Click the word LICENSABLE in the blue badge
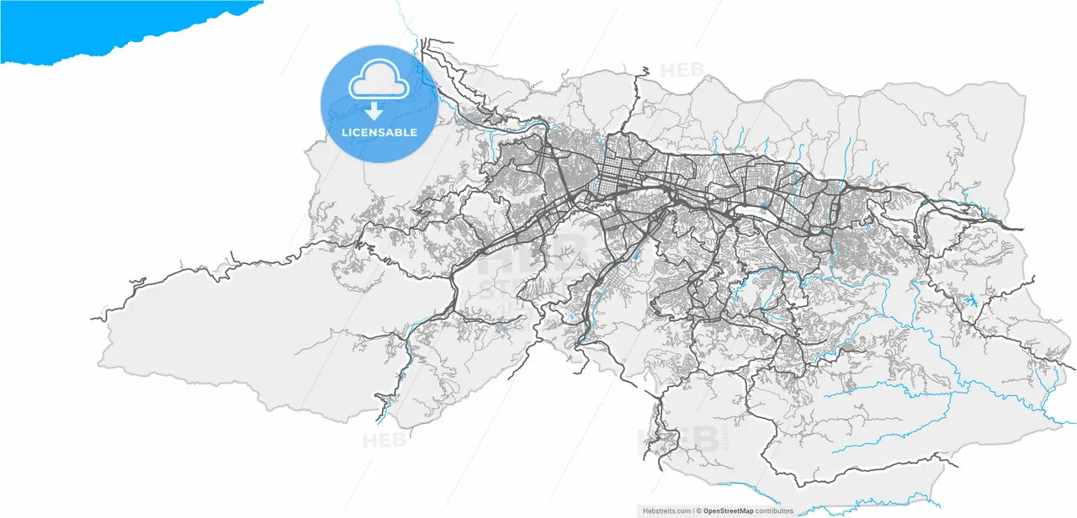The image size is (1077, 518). click(x=379, y=133)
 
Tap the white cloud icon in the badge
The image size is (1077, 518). click(x=379, y=81)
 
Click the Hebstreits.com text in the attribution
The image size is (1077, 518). click(x=666, y=510)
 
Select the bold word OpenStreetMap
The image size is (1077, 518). click(x=729, y=510)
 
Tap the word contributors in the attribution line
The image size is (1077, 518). click(x=774, y=510)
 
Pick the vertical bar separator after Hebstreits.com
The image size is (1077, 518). click(x=693, y=510)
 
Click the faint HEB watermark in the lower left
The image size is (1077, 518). click(x=384, y=440)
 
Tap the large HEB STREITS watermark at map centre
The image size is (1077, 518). click(x=532, y=261)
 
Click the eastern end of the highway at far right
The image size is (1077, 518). click(x=1021, y=229)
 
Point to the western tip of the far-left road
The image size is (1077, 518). click(x=93, y=319)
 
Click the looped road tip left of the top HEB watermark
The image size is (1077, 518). click(x=645, y=70)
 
